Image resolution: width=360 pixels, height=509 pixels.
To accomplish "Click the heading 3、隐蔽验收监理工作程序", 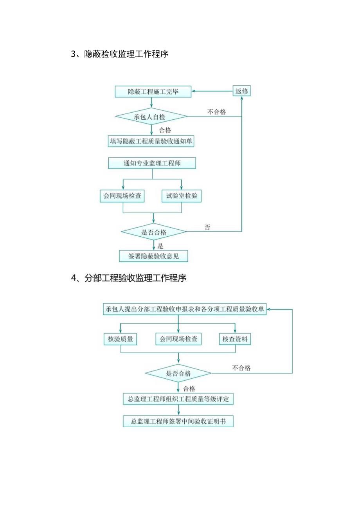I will pos(120,54).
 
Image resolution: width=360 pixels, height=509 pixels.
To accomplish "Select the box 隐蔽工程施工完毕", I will pos(153,92).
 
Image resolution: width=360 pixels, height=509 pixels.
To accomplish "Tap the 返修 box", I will pos(242,92).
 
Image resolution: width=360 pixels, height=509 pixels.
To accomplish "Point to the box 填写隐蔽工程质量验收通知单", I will pos(151,141).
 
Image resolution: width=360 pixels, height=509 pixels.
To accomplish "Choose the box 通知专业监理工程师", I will pos(152,163).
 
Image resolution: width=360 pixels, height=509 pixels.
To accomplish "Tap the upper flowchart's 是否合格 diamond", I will pos(153,232).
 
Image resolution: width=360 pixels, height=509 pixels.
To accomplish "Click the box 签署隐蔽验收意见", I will pos(153,256).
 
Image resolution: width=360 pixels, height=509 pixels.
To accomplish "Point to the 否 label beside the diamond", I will pos(207,227).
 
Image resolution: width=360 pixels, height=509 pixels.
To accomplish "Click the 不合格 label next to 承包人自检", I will pos(216,112).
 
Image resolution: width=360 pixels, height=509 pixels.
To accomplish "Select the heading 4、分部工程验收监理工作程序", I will pos(129,278).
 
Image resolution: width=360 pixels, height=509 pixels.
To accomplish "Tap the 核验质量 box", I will pos(120,339).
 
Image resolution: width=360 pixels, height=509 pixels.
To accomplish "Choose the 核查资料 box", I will pos(235,339).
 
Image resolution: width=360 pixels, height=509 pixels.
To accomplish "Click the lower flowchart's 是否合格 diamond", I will pos(178,373).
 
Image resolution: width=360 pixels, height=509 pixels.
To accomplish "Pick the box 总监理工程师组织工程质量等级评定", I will pos(178,399).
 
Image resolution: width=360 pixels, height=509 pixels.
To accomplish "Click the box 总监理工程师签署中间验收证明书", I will pos(178,422).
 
